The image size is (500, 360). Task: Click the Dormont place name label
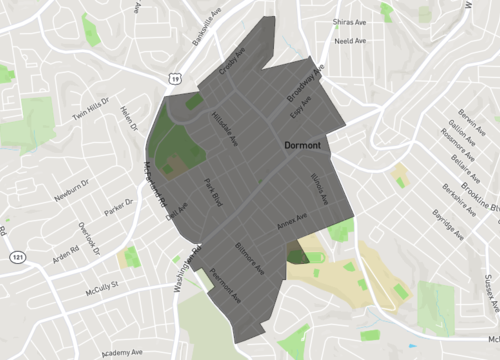(302, 146)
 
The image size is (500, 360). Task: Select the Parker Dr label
(117, 207)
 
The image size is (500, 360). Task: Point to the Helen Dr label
(128, 116)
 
